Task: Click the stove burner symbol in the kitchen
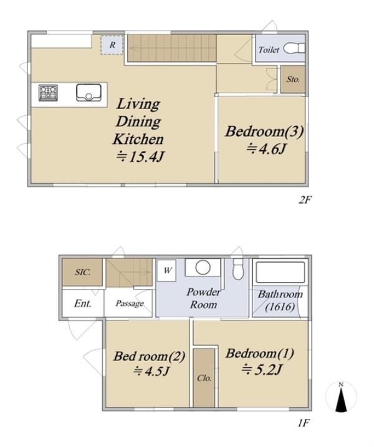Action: [x=48, y=93]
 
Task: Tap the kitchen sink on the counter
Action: [x=89, y=92]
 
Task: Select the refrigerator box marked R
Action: [x=112, y=45]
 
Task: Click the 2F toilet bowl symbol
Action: [x=294, y=49]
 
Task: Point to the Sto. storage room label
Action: [x=293, y=79]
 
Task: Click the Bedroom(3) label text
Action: [x=264, y=132]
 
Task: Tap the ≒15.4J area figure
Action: [x=140, y=156]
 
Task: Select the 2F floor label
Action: [x=304, y=200]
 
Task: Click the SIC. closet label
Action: [x=83, y=272]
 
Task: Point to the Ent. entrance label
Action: [x=83, y=303]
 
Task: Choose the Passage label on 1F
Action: [x=130, y=304]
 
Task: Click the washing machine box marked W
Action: [x=167, y=271]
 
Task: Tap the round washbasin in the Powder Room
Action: [x=203, y=268]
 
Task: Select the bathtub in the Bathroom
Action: [x=280, y=272]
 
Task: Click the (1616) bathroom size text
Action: [x=280, y=307]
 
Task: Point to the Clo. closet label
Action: [x=204, y=379]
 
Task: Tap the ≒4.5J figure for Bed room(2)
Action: [x=152, y=371]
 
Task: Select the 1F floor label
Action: [x=304, y=423]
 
